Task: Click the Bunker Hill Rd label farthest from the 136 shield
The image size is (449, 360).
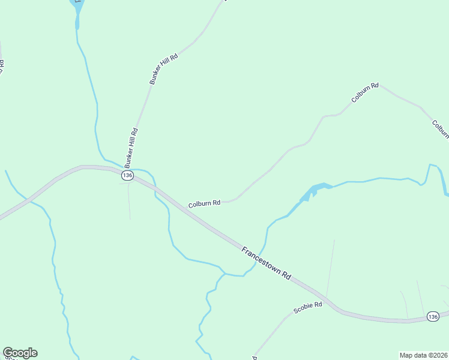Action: tap(164, 69)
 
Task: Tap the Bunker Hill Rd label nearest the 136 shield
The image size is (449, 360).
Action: tap(131, 147)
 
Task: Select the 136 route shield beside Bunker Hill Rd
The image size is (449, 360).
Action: tap(127, 175)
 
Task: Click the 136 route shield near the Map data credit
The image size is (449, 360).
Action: tap(433, 316)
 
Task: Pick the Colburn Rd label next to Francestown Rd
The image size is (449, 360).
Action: tap(204, 204)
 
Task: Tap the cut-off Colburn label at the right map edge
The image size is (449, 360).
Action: tap(440, 128)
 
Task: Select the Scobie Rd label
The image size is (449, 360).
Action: tap(308, 308)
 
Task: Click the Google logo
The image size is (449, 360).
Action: tap(20, 353)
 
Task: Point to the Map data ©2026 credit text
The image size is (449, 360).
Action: tap(424, 355)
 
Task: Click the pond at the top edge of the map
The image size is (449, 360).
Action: tap(76, 7)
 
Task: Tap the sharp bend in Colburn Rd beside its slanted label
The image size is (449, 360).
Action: tap(379, 85)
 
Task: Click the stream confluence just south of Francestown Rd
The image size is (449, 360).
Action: tap(225, 274)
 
